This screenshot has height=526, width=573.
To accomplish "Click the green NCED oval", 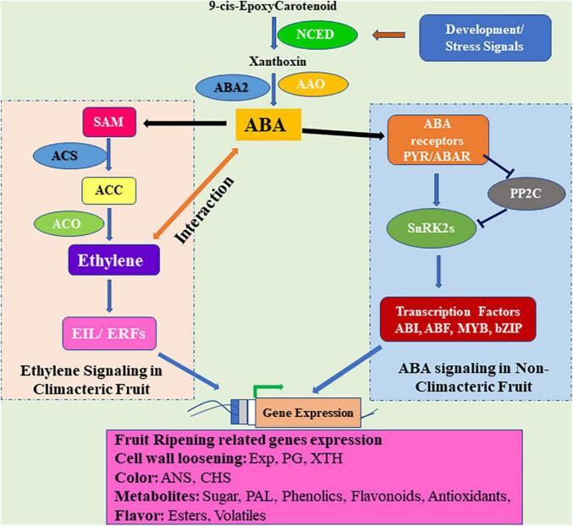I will coord(316,35).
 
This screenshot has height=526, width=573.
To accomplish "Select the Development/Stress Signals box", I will coord(485,37).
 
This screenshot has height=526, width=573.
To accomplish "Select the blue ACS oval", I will coord(65,156).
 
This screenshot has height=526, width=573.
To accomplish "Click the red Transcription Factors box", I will coord(456,319).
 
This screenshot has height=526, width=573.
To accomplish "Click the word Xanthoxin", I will coord(273,62).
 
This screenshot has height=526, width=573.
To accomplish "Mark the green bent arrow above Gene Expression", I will coord(267,390).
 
